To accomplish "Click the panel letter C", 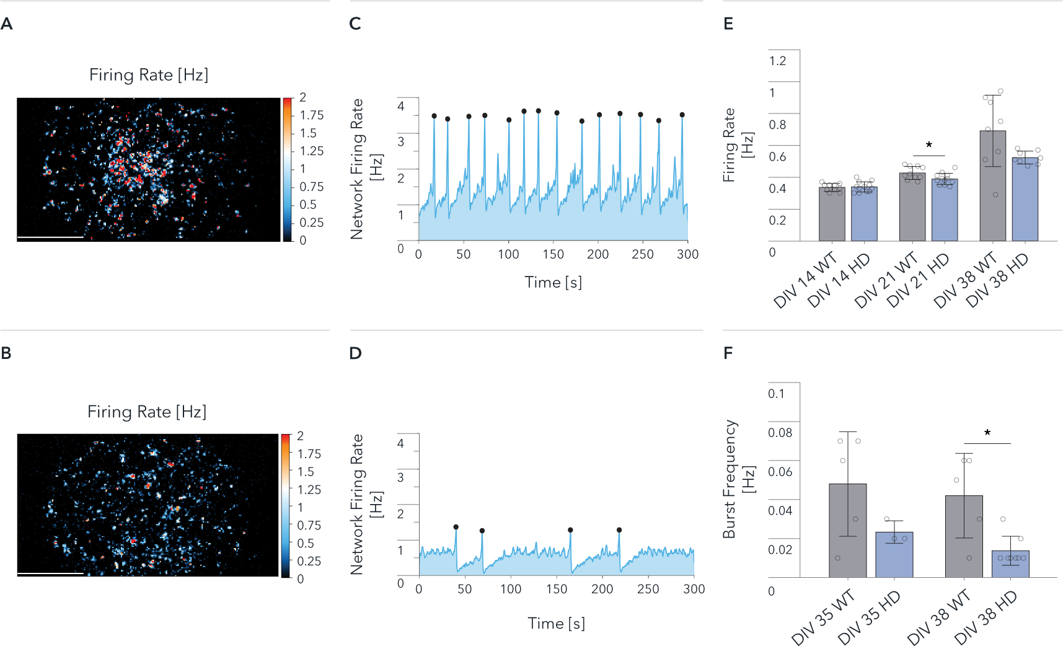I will coord(355,24).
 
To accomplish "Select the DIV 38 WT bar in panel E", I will coord(992,186).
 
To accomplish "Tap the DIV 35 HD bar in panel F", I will coord(894,554).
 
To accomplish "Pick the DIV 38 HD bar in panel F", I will coord(1010,564).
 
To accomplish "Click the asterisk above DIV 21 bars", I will coord(928,145).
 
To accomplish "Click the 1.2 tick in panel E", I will coord(777,61).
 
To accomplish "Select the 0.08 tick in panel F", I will coord(780,433).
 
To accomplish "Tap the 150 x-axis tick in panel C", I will coord(553,254).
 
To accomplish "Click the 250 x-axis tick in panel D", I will coord(648,589).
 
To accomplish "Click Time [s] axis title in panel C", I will coord(553,283).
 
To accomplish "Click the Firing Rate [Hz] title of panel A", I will coord(149,75).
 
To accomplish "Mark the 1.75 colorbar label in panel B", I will coord(309,454).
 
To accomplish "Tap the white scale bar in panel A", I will coord(50,237).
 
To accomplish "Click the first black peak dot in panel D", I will coord(456,527).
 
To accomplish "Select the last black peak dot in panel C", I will coord(682,115).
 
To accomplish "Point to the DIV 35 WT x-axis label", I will coord(823,618).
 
